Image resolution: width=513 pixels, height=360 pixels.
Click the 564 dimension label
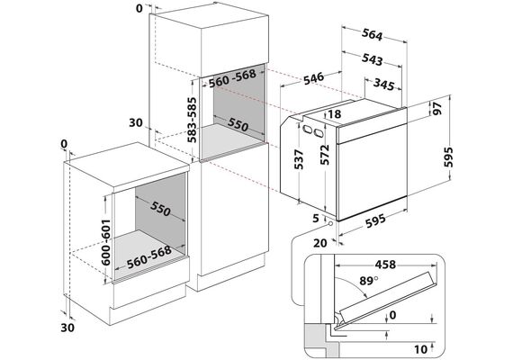point(372,35)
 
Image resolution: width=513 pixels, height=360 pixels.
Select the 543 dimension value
point(373,59)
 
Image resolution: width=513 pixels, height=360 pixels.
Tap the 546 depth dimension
point(313,78)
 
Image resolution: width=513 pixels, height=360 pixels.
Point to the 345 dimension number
point(384,85)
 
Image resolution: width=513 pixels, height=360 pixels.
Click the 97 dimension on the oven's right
point(437,108)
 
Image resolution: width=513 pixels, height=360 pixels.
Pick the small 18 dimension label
point(334,114)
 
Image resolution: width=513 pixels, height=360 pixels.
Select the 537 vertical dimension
point(299,159)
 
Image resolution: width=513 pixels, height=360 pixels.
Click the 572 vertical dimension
point(324,154)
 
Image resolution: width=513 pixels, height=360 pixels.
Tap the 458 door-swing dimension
point(385,264)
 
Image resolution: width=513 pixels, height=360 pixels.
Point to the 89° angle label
point(369,281)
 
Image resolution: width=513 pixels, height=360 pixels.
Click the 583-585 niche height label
point(193,120)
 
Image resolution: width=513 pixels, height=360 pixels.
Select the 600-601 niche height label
point(106,242)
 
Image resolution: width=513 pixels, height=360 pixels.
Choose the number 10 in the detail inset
point(420,349)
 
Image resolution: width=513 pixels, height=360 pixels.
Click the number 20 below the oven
point(320,243)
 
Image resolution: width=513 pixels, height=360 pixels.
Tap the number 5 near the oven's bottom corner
point(315,219)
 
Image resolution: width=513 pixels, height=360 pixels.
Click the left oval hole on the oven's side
point(307,129)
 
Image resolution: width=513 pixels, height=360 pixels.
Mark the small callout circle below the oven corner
point(330,224)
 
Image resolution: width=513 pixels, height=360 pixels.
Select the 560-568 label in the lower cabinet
point(149,256)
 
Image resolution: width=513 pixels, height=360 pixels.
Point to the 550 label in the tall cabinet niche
point(238,125)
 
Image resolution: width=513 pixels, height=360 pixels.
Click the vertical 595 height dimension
point(448,157)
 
